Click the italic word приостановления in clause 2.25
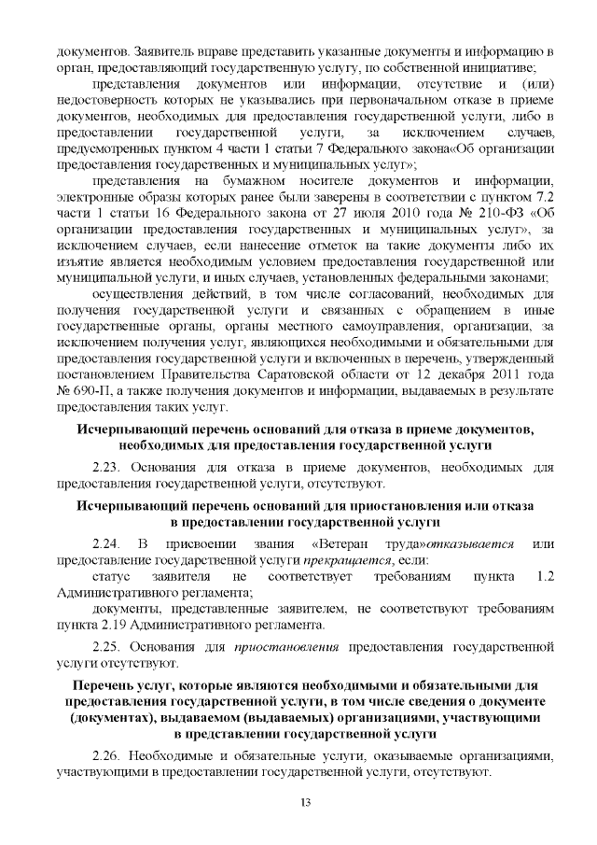coord(279,645)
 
